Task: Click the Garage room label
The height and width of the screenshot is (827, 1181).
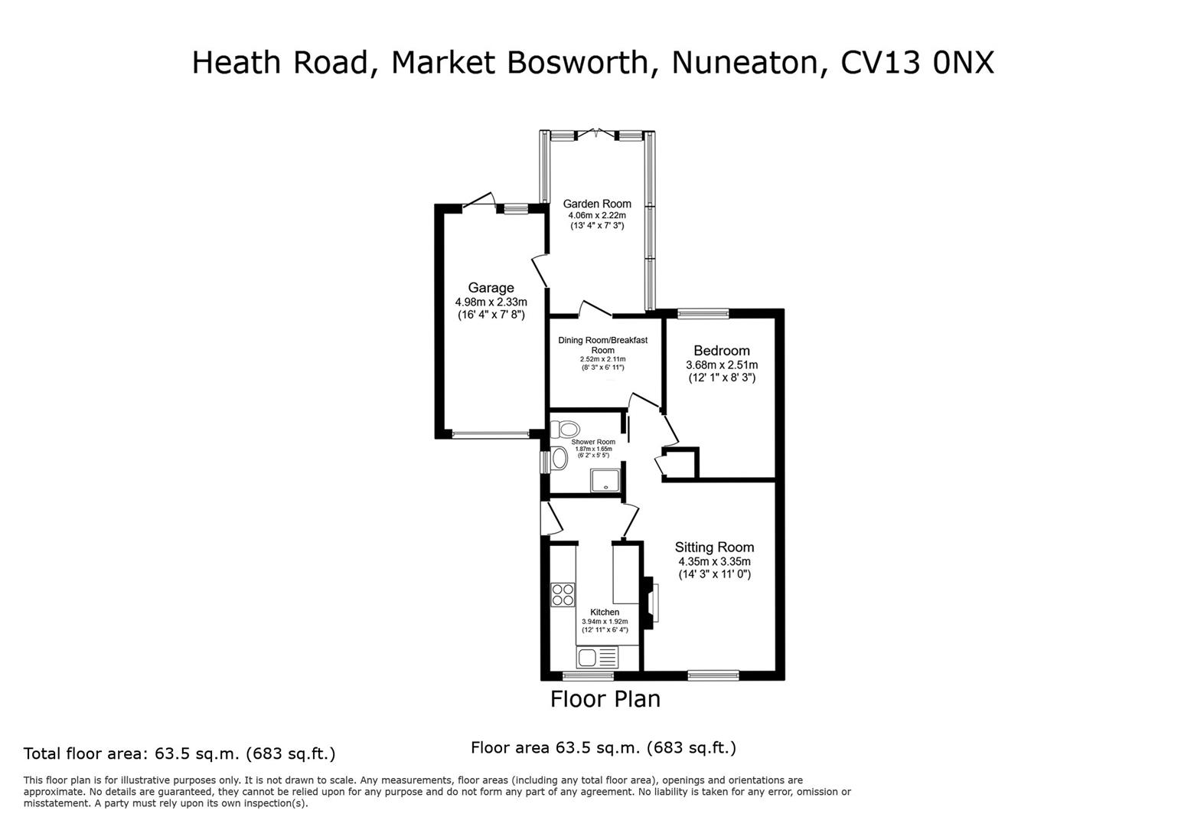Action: coord(491,288)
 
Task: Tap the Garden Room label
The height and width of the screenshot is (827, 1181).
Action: coord(597,204)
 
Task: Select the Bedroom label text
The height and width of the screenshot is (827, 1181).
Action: coord(722,351)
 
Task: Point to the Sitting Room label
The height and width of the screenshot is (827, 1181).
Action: coord(714,548)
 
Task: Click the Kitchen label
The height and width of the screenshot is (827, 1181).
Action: coord(605,612)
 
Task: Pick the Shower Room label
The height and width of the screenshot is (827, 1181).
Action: coord(593,442)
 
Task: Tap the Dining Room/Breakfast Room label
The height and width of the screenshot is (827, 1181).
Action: coord(602,345)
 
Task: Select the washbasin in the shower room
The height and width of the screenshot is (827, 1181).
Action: coord(559,459)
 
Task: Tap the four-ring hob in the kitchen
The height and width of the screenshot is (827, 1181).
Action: coord(563,595)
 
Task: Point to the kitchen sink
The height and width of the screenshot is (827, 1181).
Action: coord(597,657)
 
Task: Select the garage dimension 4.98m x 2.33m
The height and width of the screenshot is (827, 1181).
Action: coord(491,302)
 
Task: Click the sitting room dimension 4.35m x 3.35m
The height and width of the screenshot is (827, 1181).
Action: coord(714,561)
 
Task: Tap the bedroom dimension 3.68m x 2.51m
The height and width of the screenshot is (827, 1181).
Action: coord(722,364)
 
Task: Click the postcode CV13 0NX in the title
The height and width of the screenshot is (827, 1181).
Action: coord(917,63)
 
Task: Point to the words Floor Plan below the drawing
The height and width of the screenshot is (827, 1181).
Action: coord(605,699)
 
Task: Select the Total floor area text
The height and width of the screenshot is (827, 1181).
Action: coord(179,753)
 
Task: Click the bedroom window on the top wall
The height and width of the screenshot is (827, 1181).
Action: coord(703,312)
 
